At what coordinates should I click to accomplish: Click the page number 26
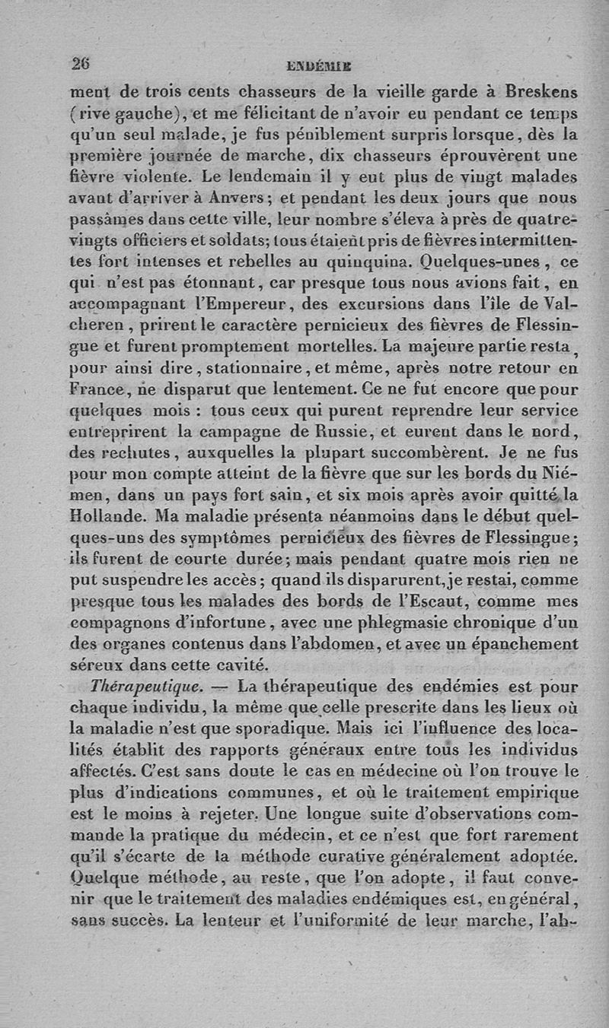[x=80, y=64]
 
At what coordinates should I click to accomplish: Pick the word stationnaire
[x=238, y=373]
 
